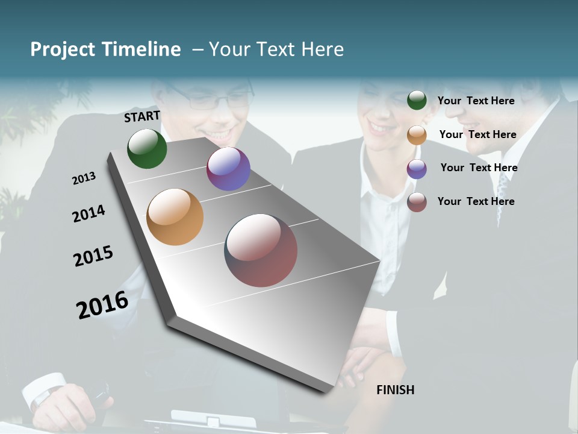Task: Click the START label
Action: click(x=142, y=116)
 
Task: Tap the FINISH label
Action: click(x=395, y=390)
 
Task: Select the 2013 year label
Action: click(x=84, y=178)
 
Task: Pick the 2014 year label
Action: click(x=89, y=214)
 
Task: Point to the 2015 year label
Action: click(x=93, y=256)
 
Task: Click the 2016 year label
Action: click(x=102, y=304)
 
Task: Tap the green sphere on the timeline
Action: click(x=147, y=148)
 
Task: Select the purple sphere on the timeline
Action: click(x=228, y=169)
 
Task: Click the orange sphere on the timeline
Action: click(x=175, y=216)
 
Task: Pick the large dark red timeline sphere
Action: click(x=261, y=250)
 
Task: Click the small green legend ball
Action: click(x=417, y=100)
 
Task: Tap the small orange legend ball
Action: click(x=417, y=134)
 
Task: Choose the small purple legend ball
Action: click(x=417, y=169)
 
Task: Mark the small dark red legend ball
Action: click(x=417, y=202)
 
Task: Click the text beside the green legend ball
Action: click(x=476, y=101)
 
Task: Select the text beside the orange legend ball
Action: click(x=477, y=134)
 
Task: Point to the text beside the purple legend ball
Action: click(x=479, y=168)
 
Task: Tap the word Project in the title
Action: click(x=63, y=49)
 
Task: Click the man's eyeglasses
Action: click(x=214, y=100)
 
